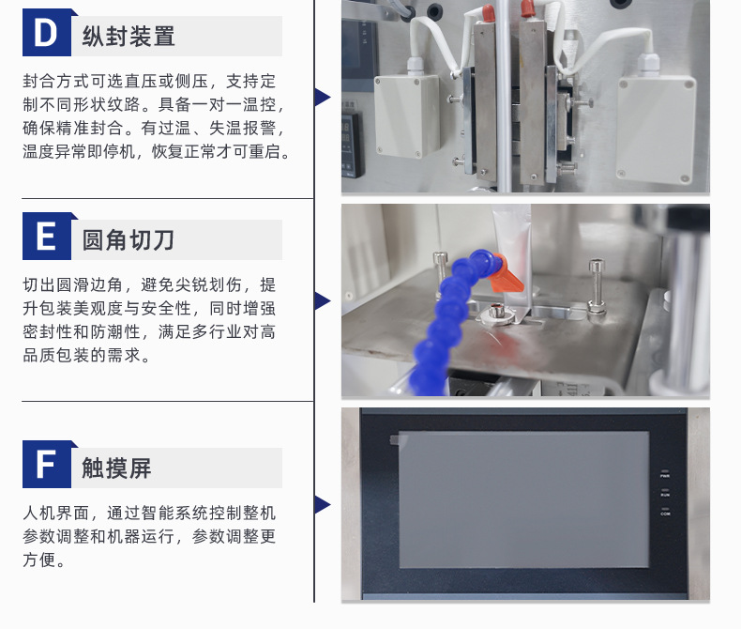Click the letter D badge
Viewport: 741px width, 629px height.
click(x=47, y=32)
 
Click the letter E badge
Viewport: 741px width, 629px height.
click(x=47, y=236)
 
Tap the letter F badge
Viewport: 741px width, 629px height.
click(x=47, y=464)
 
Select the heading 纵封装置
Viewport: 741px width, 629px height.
click(x=129, y=37)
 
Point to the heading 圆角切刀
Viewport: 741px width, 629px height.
click(x=129, y=239)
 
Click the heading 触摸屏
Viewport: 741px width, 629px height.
click(x=116, y=468)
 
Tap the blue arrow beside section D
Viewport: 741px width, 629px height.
click(x=323, y=97)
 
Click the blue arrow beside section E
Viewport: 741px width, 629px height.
click(x=323, y=300)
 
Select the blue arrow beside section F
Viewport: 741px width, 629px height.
click(x=323, y=505)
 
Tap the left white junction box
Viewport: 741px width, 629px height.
click(x=406, y=115)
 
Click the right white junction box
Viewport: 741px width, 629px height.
click(x=657, y=129)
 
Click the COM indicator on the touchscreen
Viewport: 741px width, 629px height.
click(x=665, y=512)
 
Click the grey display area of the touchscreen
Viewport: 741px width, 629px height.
click(x=524, y=499)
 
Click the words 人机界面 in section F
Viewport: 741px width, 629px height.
click(x=56, y=513)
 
